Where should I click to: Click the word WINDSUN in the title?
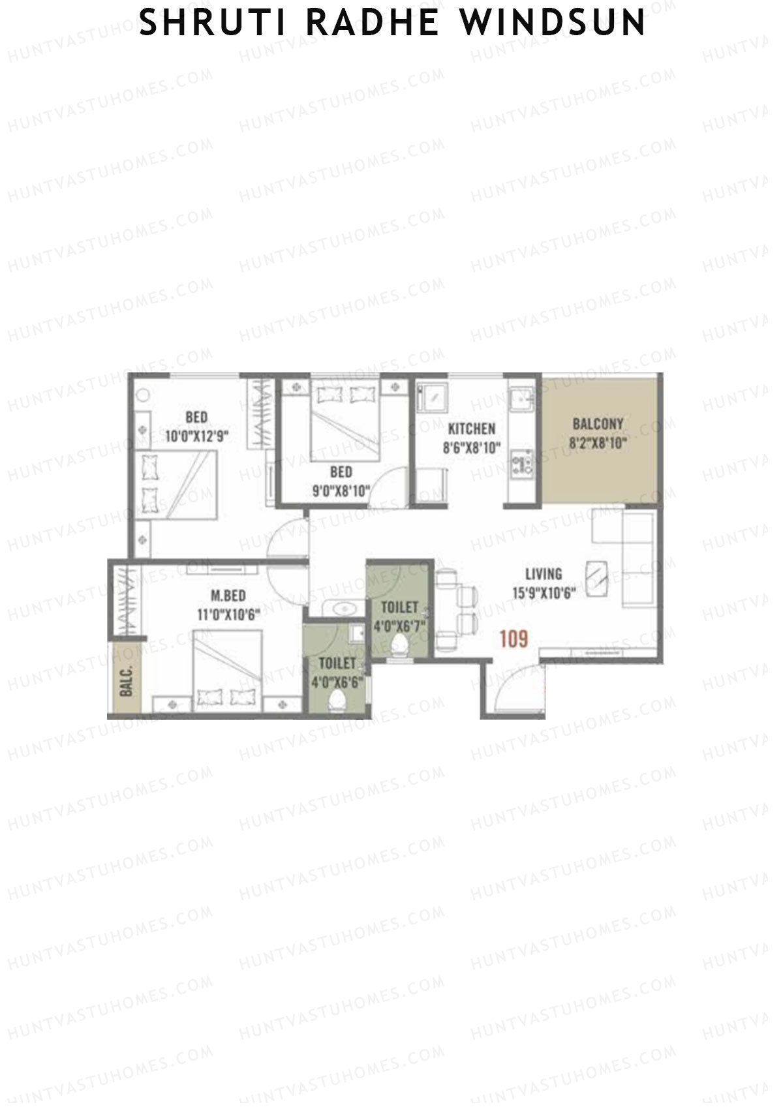pyautogui.click(x=552, y=23)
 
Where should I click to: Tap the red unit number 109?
pyautogui.click(x=514, y=639)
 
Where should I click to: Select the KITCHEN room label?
pyautogui.click(x=471, y=429)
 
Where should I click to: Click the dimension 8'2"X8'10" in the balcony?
pyautogui.click(x=598, y=444)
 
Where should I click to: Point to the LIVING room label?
pyautogui.click(x=544, y=573)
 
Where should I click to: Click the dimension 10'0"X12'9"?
pyautogui.click(x=196, y=436)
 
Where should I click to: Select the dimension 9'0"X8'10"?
pyautogui.click(x=341, y=491)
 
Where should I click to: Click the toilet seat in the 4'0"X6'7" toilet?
pyautogui.click(x=399, y=646)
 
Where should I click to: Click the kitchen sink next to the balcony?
pyautogui.click(x=521, y=398)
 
